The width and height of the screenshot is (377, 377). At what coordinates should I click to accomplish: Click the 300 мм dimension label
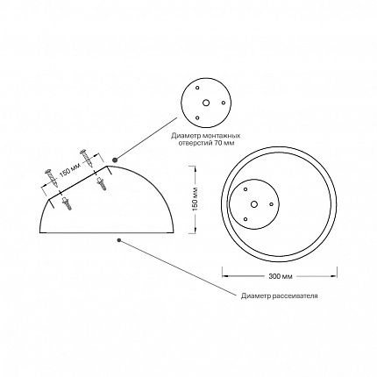click(x=280, y=276)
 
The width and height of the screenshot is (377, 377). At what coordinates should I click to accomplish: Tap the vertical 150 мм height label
click(x=196, y=199)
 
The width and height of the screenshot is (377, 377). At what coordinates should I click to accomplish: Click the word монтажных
click(x=223, y=136)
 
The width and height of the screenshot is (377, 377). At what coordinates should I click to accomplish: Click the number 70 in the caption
click(x=221, y=143)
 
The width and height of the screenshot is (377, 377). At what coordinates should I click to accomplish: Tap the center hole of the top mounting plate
click(x=206, y=103)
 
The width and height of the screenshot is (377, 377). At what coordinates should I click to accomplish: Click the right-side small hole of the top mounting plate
click(x=224, y=103)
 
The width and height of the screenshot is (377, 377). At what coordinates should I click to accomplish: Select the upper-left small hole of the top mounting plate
click(x=197, y=88)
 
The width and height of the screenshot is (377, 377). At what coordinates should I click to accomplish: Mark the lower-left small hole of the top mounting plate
click(x=197, y=117)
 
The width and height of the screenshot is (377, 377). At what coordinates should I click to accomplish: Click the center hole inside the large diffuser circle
click(x=254, y=204)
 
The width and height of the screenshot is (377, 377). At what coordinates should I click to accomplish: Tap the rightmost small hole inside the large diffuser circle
click(x=271, y=204)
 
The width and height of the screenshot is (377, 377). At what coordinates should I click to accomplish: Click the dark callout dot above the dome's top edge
click(x=115, y=160)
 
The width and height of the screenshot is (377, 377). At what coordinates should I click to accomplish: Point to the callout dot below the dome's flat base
click(x=119, y=240)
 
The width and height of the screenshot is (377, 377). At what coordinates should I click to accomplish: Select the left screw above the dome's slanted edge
click(x=51, y=178)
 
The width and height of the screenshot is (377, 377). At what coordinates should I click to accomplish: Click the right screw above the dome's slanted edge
click(x=87, y=159)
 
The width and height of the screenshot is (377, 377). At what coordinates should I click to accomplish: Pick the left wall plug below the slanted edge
click(x=67, y=203)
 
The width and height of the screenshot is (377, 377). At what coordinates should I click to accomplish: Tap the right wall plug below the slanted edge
click(x=102, y=183)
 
